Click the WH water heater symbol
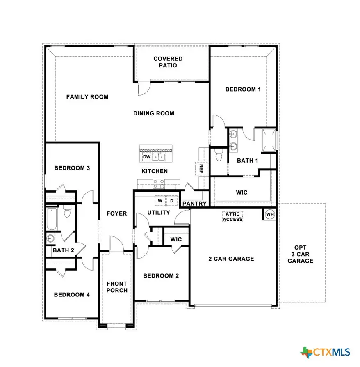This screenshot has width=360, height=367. [x=269, y=214]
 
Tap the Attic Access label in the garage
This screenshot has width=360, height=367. [x=232, y=217]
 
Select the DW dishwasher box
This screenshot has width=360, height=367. [x=146, y=157]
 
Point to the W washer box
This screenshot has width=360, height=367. [x=160, y=201]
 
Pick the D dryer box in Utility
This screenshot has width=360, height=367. [x=171, y=201]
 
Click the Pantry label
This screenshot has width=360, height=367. [x=194, y=204]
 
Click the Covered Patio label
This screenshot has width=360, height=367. [x=168, y=62]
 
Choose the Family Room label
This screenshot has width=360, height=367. [x=87, y=97]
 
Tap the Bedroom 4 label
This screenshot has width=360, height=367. [x=72, y=294]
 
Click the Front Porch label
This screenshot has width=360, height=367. [x=117, y=287]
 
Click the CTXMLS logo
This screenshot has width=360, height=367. [x=326, y=352]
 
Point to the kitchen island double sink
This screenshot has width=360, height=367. [x=159, y=157]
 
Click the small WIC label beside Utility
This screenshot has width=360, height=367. [x=176, y=239]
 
